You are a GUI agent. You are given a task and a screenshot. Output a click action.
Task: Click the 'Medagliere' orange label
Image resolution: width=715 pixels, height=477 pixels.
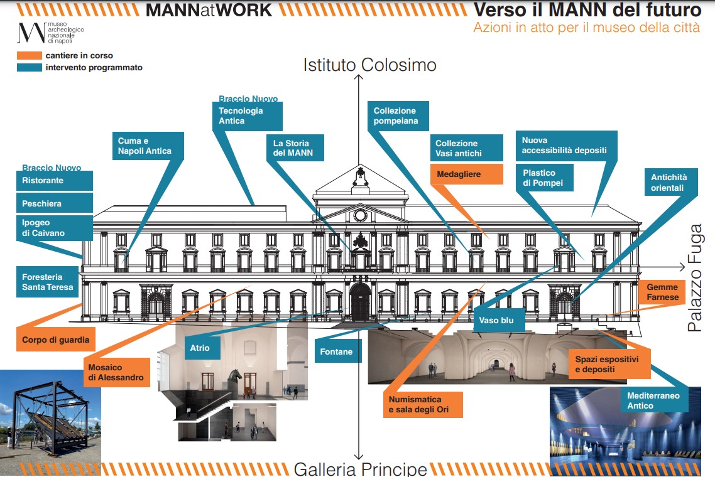click(467, 174)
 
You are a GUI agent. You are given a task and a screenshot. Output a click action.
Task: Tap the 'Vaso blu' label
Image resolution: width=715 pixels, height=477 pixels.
click(497, 320)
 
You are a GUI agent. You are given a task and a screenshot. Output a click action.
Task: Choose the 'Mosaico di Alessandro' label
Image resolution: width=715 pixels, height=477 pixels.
click(116, 372)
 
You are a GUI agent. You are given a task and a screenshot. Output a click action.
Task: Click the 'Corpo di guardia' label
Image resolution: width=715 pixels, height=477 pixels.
click(56, 340)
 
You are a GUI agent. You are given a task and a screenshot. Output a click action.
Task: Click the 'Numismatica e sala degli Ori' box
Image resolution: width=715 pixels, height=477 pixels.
click(423, 405)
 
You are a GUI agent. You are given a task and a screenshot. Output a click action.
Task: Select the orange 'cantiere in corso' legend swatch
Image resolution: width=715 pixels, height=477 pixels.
click(29, 56)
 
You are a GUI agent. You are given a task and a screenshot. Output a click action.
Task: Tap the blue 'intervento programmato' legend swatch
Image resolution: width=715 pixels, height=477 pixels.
click(29, 67)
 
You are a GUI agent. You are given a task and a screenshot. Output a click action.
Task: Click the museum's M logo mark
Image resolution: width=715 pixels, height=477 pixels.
click(31, 32)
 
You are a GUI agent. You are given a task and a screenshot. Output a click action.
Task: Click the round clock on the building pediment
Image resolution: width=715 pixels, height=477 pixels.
click(360, 215)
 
